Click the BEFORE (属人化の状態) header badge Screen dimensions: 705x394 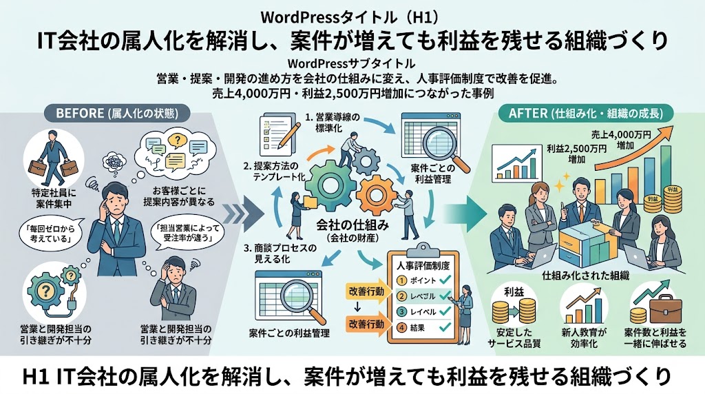click(x=117, y=114)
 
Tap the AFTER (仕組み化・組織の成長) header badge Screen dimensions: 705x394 click(x=585, y=114)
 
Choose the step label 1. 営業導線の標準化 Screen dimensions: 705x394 click(x=333, y=123)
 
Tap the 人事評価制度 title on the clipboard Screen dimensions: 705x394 click(x=423, y=266)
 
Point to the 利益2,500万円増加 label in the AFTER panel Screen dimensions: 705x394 click(x=576, y=154)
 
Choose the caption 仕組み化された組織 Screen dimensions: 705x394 click(x=585, y=276)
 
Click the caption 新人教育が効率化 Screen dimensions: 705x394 click(x=584, y=338)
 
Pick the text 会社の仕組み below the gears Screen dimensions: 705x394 click(x=352, y=225)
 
